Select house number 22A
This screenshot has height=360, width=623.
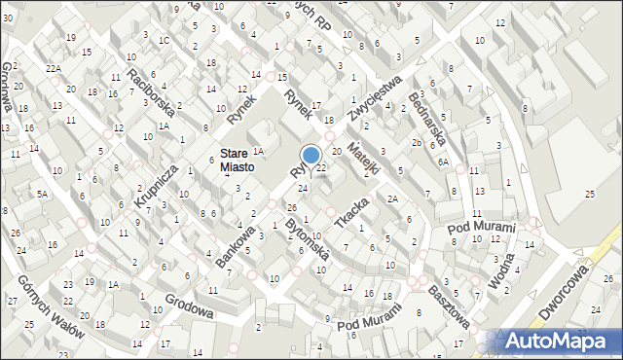pyautogui.click(x=53, y=67)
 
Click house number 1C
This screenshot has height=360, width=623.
pyautogui.click(x=164, y=40)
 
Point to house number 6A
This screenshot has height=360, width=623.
pyautogui.click(x=442, y=162)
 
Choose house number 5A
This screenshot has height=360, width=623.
pyautogui.click(x=42, y=194)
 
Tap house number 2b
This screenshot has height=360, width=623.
pyautogui.click(x=416, y=142)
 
